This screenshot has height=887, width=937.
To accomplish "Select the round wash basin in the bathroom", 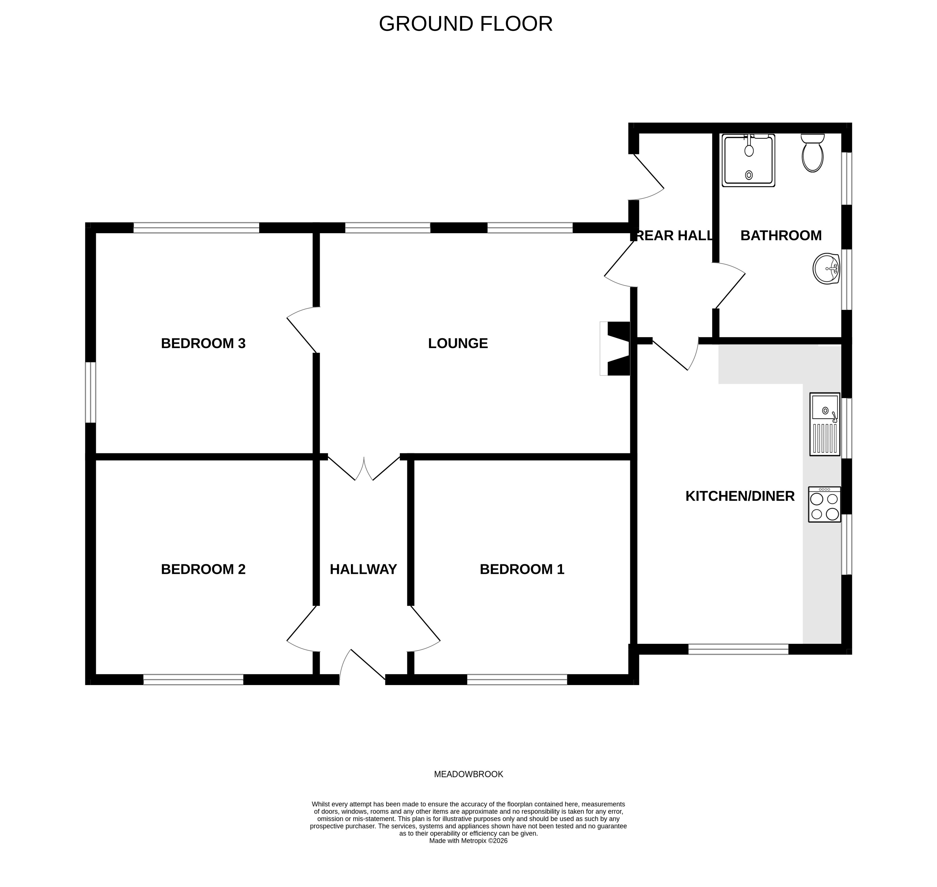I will tap(826, 269).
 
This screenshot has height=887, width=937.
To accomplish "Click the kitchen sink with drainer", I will tap(824, 424).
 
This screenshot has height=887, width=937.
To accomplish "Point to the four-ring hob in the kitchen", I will tap(824, 504).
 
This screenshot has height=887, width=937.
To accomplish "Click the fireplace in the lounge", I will tap(616, 348).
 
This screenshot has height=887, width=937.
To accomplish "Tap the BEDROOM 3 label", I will tap(203, 343).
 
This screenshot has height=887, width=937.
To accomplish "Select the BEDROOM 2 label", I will tap(203, 569).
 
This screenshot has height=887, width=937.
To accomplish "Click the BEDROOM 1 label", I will tap(522, 569).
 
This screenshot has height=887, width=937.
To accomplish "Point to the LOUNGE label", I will tap(457, 343).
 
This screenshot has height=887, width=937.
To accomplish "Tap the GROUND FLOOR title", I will tap(465, 24).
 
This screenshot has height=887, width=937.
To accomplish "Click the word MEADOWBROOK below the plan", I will tap(468, 774).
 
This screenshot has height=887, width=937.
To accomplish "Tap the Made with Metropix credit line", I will tap(468, 841).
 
